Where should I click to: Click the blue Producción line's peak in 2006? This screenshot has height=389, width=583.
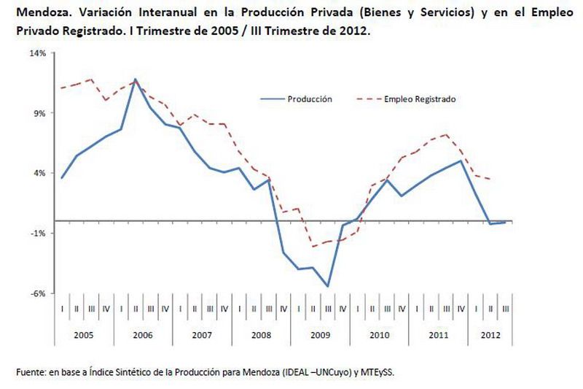136,79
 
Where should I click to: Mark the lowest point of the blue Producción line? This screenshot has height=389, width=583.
328,286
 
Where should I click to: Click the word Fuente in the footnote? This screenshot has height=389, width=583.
30,372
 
